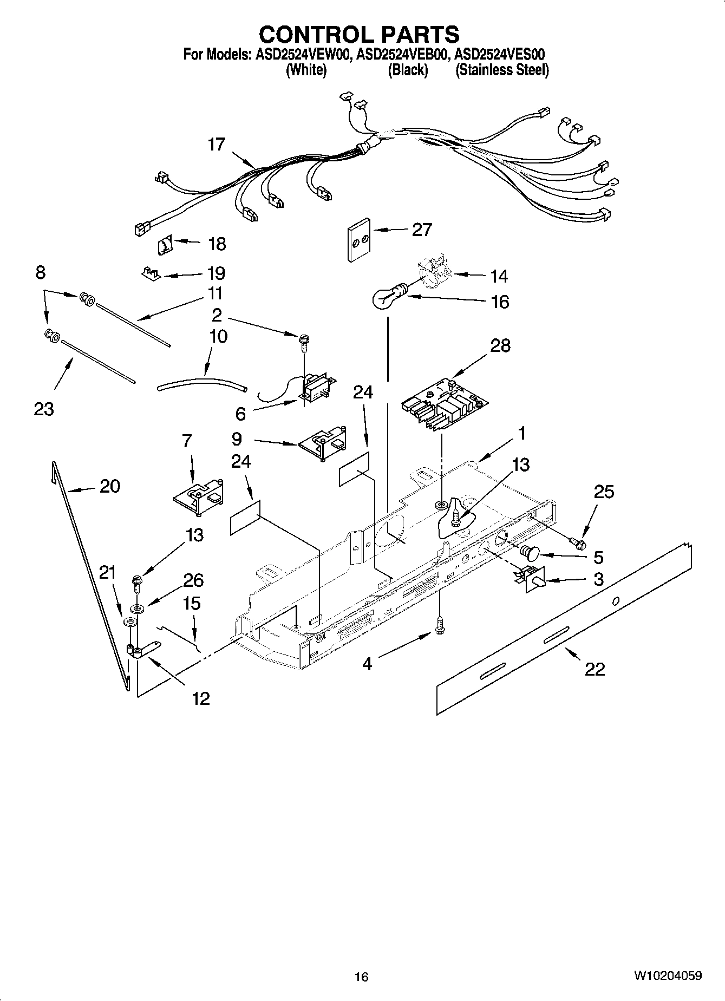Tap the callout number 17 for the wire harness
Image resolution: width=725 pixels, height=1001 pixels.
216,145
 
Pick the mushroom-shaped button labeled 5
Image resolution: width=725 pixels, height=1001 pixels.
528,552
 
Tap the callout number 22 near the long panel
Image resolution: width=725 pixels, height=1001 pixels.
595,669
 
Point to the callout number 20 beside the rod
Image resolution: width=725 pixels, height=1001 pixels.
110,486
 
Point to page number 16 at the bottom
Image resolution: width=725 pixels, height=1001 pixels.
361,977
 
